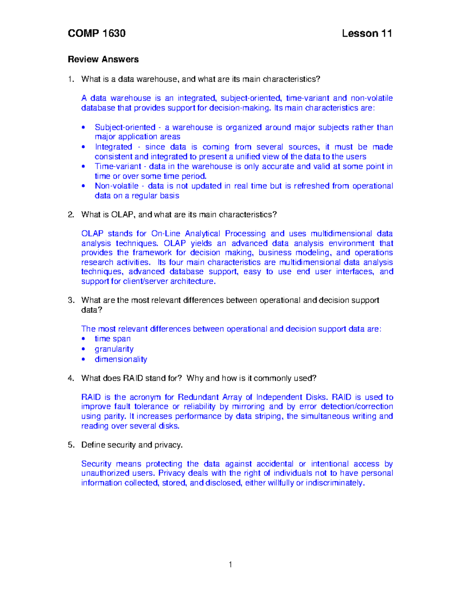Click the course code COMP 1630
(96, 33)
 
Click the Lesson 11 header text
(366, 33)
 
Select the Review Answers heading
(103, 59)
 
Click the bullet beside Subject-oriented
(83, 127)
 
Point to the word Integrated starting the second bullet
(113, 147)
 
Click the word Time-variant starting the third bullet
(118, 167)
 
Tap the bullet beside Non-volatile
(83, 186)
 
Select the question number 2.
(70, 215)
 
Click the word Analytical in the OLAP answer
(202, 234)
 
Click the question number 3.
(70, 300)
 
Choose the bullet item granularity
(114, 349)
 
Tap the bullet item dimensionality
(121, 360)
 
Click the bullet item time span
(113, 339)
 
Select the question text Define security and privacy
(132, 445)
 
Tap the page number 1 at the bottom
(230, 565)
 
